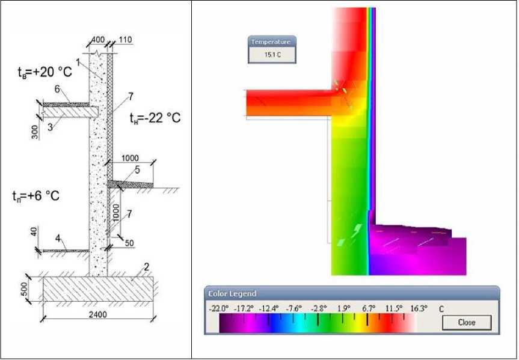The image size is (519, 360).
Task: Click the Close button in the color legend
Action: pyautogui.click(x=467, y=322)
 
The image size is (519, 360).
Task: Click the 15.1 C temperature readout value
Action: pyautogui.click(x=272, y=55)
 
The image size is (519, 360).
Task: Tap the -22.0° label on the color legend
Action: pyautogui.click(x=219, y=309)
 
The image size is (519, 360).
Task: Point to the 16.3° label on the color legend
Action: pyautogui.click(x=419, y=309)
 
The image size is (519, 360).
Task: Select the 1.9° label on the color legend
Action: pyautogui.click(x=344, y=309)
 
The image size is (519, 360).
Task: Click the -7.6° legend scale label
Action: pyautogui.click(x=294, y=309)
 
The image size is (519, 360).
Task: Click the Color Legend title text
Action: pyautogui.click(x=232, y=293)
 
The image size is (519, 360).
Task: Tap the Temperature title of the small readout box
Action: pyautogui.click(x=271, y=42)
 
